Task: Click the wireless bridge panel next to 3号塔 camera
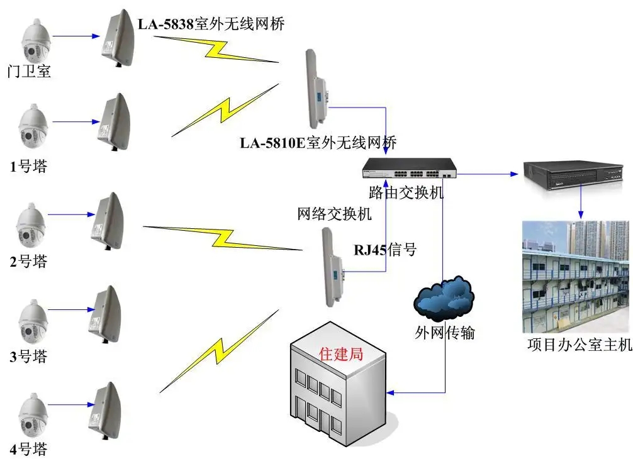[x=105, y=314]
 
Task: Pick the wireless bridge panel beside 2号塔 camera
[x=105, y=220]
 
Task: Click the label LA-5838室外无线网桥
[x=211, y=25]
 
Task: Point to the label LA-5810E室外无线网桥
[x=318, y=142]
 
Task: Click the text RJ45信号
[x=384, y=249]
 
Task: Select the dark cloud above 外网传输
[x=444, y=299]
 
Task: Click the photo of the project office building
[x=575, y=277]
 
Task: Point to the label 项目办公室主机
[x=578, y=345]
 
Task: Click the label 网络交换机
[x=334, y=214]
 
